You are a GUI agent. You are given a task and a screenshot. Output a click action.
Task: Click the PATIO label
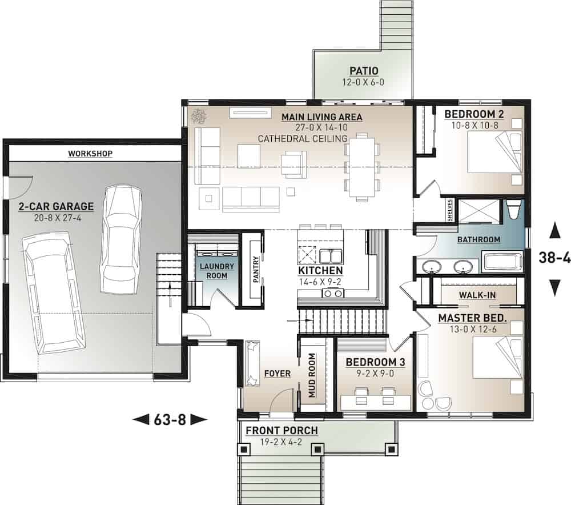point(364,71)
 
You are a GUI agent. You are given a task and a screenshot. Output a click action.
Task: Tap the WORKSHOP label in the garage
point(90,153)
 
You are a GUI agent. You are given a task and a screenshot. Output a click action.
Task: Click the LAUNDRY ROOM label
point(213,271)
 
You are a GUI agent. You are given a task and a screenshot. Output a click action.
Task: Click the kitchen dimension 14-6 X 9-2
point(320,281)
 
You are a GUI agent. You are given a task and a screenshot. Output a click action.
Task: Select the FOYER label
point(278,374)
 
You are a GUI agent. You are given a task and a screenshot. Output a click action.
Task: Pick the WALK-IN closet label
point(477,295)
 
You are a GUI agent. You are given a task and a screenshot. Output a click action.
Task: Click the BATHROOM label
point(478,239)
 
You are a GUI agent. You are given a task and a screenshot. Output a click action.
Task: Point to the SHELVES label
point(451,209)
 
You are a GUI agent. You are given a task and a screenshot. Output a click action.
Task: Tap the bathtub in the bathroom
point(502,263)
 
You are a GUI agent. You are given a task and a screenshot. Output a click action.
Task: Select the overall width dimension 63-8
point(170,420)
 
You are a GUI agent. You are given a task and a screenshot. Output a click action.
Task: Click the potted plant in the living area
point(199,117)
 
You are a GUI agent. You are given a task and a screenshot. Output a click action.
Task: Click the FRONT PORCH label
point(282,430)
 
